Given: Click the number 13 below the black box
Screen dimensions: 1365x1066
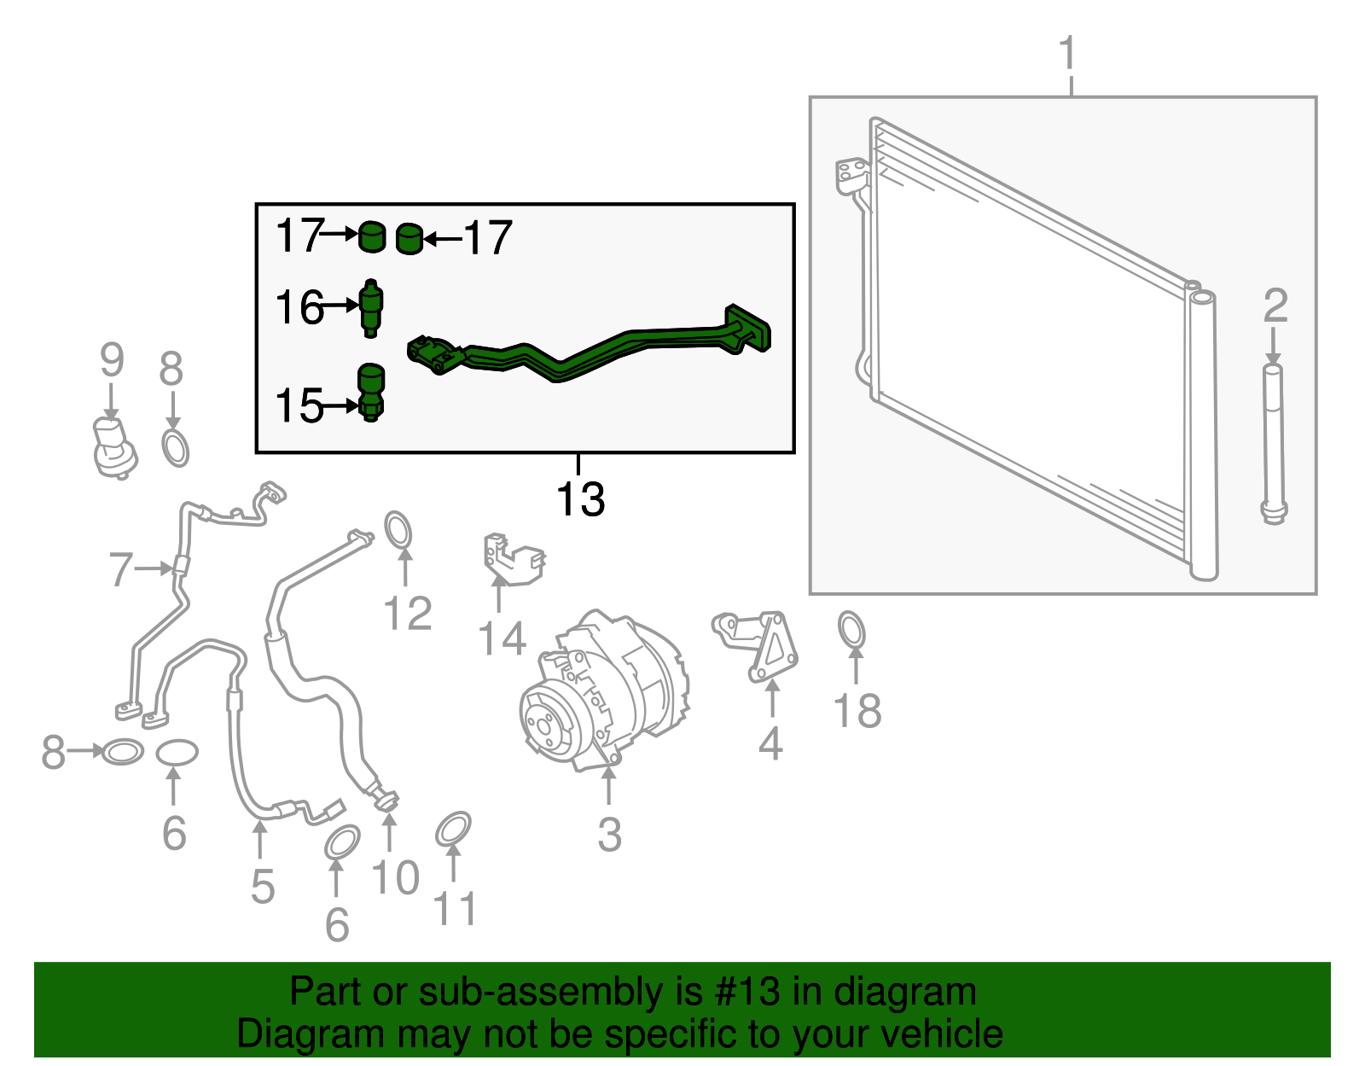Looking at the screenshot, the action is (x=580, y=499).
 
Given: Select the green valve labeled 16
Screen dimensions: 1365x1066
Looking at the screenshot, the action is (x=371, y=308).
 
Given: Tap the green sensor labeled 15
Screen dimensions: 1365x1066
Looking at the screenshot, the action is (x=370, y=392).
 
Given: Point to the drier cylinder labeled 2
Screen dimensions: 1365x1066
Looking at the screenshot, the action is (x=1273, y=444).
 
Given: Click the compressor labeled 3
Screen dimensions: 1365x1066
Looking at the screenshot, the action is (x=603, y=690).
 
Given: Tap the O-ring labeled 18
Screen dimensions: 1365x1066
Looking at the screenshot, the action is (x=851, y=629).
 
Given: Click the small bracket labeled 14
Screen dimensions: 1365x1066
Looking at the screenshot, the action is (x=514, y=559).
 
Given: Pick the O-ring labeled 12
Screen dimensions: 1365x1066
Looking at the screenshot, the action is (x=398, y=530).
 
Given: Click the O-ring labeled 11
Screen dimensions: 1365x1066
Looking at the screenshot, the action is (x=453, y=829).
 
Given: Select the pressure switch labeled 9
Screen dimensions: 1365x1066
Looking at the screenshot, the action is (x=113, y=446).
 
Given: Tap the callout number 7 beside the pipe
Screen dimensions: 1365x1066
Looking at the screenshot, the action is (x=120, y=569).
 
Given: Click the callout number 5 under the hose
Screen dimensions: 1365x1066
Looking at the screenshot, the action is (x=263, y=887).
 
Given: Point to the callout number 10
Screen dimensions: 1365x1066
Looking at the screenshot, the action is (x=395, y=877).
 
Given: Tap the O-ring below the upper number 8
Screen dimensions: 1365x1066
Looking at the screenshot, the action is (x=175, y=449).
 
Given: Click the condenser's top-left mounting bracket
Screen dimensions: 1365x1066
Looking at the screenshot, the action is (x=851, y=175).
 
